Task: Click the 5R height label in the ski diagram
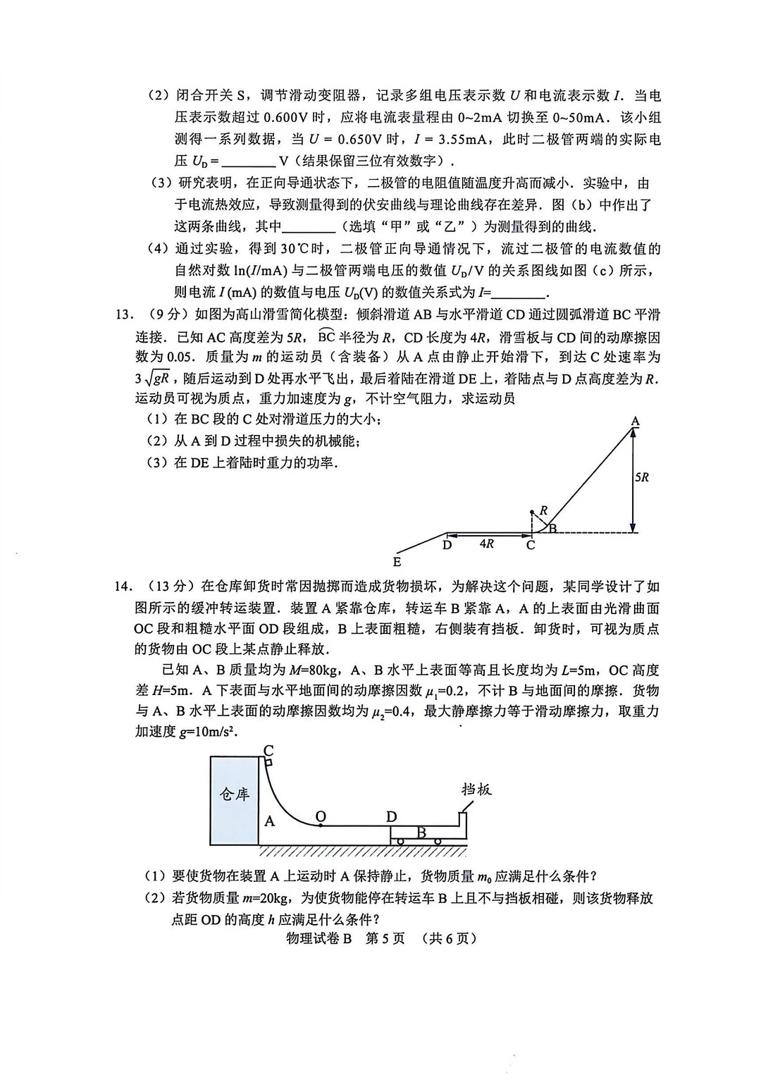[641, 477]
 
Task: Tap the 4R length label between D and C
[486, 544]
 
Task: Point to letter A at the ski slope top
[635, 422]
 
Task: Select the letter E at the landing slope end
[397, 562]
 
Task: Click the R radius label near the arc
[543, 510]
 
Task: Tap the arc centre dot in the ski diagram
[532, 513]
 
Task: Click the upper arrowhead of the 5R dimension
[633, 434]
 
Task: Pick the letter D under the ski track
[447, 544]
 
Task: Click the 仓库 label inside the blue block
[235, 794]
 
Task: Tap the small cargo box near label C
[268, 761]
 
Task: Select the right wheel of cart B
[438, 840]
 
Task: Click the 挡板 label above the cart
[476, 789]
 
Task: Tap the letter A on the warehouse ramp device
[270, 821]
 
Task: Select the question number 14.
[124, 587]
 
